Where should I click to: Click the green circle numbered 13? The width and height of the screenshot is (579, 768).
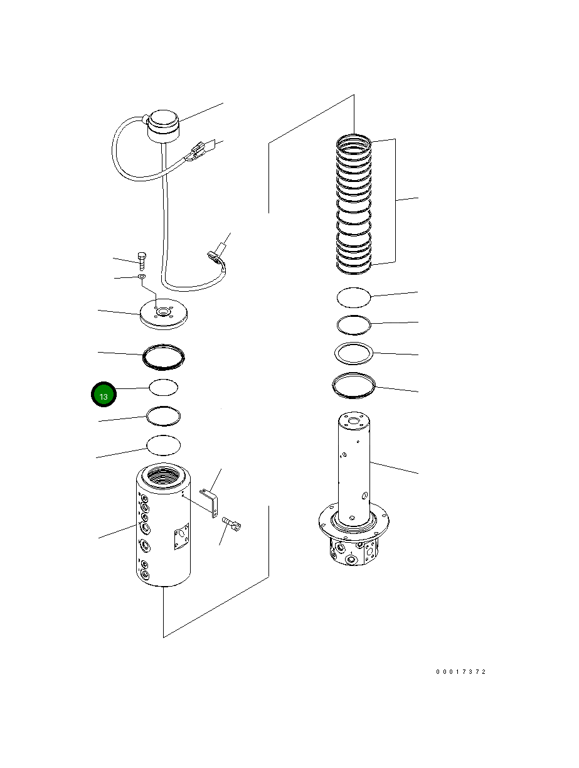pos(104,396)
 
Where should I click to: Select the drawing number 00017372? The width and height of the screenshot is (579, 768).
pos(461,672)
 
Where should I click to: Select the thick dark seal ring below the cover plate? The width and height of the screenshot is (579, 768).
pos(164,355)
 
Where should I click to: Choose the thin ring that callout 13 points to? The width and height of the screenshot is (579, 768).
pos(164,387)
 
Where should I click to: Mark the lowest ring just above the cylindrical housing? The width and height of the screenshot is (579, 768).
pos(163,444)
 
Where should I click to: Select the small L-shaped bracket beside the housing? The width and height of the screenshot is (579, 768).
pos(211,503)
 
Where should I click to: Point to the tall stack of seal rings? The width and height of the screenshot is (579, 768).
pos(354,204)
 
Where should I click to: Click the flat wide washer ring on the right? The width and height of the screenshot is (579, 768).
pos(354,353)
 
